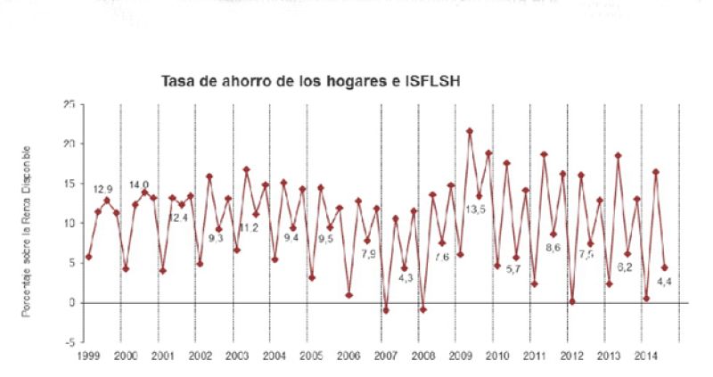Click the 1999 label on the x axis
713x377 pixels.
tap(88, 356)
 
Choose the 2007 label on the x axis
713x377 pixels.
tap(386, 356)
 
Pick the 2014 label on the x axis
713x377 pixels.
tap(646, 356)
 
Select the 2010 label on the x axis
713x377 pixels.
tap(496, 356)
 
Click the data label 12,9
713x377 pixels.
tap(103, 189)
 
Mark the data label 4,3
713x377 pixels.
tap(405, 279)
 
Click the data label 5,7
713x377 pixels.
tap(513, 268)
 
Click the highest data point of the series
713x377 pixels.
tap(470, 131)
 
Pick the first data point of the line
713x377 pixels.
tap(88, 257)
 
